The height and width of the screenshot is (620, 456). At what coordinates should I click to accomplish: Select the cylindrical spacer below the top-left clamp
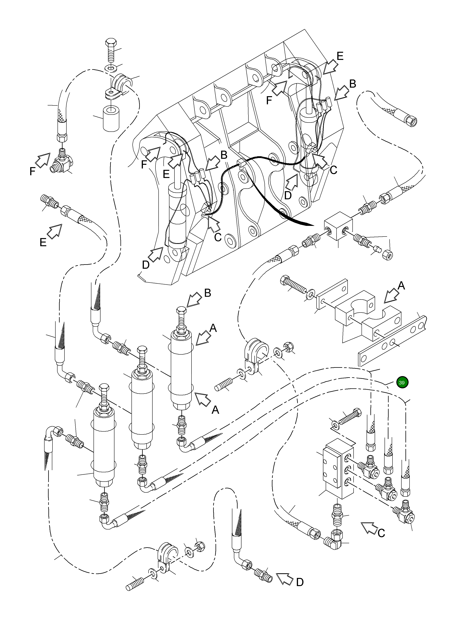111,119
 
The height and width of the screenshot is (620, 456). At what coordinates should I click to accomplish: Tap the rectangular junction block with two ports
338,226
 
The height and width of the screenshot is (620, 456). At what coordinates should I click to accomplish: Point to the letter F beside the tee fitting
33,172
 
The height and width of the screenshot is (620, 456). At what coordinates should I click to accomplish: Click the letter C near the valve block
381,533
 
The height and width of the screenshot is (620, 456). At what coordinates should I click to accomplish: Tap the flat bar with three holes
392,342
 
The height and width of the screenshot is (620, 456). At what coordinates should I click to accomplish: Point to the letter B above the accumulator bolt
208,293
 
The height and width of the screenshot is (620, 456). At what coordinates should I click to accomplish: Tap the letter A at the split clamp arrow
401,285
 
